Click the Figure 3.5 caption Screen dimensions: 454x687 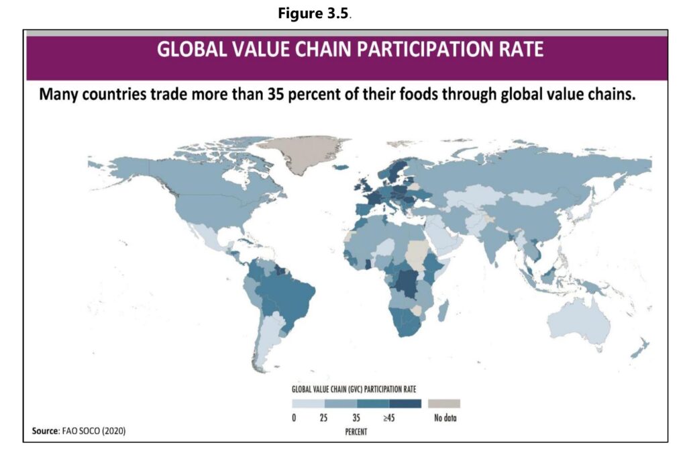tap(315, 15)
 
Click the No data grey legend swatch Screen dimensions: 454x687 tap(443, 404)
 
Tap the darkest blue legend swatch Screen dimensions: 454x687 tap(405, 404)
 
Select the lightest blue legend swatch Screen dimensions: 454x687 tap(308, 404)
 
